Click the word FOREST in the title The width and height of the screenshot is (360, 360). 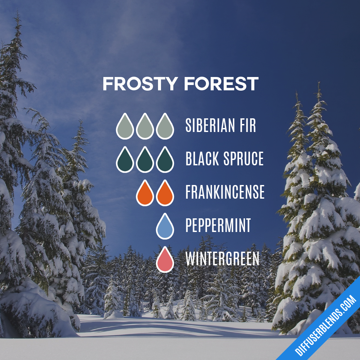tap(221, 84)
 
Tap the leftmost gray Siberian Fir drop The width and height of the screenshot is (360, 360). tap(125, 127)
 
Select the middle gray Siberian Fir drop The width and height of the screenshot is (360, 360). tap(145, 127)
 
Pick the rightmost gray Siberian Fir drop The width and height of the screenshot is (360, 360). tap(165, 127)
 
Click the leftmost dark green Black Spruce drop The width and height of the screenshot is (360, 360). tap(125, 161)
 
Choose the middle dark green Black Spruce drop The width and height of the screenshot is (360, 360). tap(145, 161)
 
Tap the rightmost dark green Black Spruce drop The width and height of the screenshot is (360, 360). tap(165, 161)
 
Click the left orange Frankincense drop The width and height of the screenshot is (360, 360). tap(145, 194)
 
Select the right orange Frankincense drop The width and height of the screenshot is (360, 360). tap(165, 194)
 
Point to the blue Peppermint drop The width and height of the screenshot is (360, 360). tap(165, 227)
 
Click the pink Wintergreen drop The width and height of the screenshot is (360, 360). tap(165, 261)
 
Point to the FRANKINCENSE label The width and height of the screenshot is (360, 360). tap(225, 192)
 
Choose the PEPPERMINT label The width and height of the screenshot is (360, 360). tap(218, 225)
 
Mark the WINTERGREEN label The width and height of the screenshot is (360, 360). tap(222, 259)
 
